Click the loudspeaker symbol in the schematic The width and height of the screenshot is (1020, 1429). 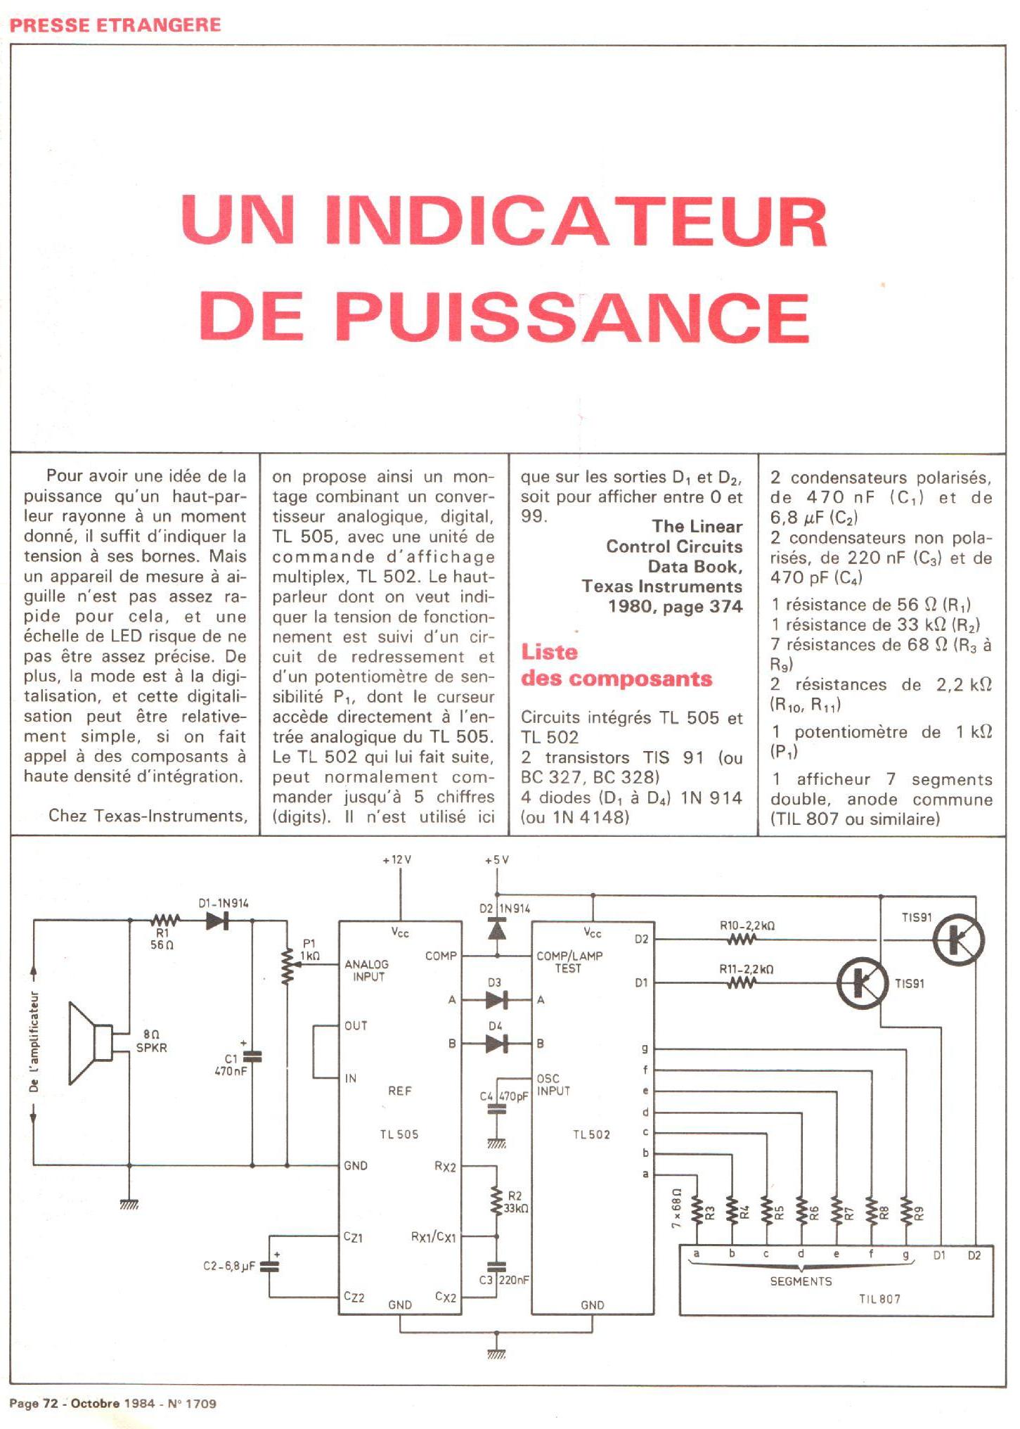coord(90,1043)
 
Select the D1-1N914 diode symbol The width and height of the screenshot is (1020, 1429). coord(217,921)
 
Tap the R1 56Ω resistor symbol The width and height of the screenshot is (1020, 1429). coord(166,920)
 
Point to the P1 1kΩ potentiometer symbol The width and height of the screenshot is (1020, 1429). coord(287,966)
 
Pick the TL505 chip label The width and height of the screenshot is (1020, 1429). coord(399,1134)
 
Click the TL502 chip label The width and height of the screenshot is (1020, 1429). coord(591,1134)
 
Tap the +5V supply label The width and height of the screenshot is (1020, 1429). coord(496,860)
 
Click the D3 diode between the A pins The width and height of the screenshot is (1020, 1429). coord(496,999)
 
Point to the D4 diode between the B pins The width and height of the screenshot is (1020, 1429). coord(496,1044)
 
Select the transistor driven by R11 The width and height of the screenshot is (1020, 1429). coord(861,982)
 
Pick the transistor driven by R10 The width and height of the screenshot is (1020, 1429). coord(957,940)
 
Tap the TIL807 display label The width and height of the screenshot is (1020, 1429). coord(879,1299)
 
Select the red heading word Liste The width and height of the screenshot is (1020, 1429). coord(549,653)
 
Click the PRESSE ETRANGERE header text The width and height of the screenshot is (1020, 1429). coord(115,25)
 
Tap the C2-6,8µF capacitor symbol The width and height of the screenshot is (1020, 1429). coord(269,1267)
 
